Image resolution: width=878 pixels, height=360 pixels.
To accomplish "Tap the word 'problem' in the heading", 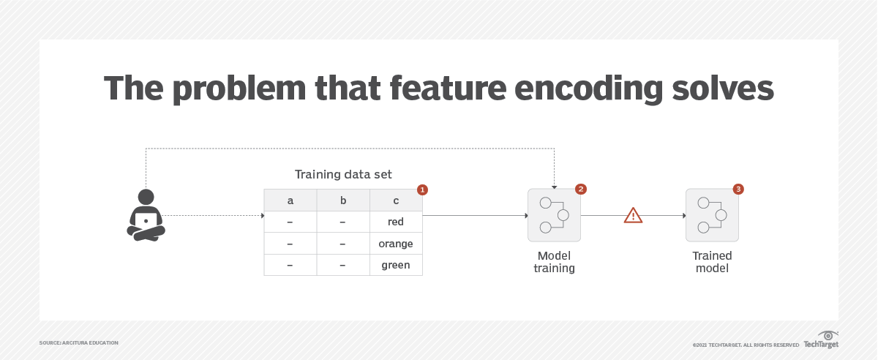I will point(238,89).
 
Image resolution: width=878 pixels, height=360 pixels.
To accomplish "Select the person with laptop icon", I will point(146,214).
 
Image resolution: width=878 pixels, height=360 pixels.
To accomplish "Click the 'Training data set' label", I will point(343,174).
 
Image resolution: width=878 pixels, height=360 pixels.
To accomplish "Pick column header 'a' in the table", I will point(290,200).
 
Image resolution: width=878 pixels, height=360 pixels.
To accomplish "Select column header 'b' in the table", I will point(343,200).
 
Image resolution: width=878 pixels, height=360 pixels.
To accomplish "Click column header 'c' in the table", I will point(396,200).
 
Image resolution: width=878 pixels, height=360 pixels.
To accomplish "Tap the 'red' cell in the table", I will point(396,222).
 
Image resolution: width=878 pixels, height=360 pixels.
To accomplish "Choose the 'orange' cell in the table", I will point(396,244).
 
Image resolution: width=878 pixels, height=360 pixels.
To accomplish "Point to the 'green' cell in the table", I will point(396,265).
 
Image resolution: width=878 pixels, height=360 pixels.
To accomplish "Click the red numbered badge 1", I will point(422,190).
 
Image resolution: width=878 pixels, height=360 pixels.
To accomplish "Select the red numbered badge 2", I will point(580,190).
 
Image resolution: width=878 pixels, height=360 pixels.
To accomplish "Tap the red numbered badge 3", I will point(738,190).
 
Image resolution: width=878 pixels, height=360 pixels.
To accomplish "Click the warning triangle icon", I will point(633,215).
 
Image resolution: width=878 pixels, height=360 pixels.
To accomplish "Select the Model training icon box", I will point(554,215).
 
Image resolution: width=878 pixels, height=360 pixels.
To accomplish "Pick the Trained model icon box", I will point(712,215).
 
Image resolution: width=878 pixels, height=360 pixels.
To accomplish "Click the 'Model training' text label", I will point(554,262).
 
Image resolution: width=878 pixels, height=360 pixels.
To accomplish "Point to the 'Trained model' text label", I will point(712,262).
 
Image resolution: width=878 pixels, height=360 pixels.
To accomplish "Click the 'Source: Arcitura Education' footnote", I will point(79,342).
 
